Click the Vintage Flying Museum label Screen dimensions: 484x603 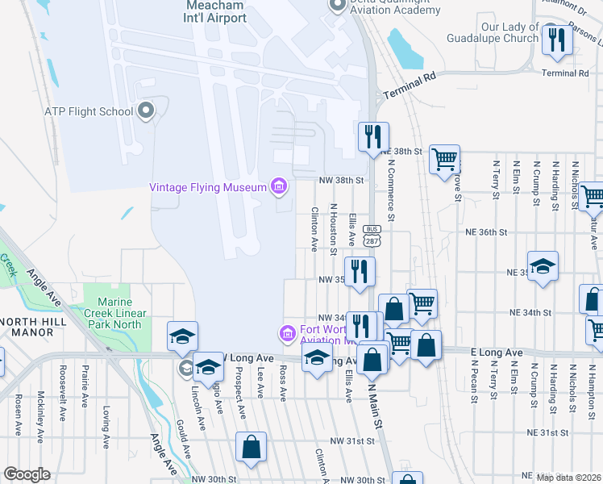tap(208, 188)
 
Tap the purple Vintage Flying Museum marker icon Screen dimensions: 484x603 tap(279, 188)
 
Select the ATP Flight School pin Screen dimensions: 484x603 tap(146, 111)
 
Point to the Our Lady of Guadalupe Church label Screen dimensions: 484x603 tap(509, 33)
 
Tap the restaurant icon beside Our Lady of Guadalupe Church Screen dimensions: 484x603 tap(556, 41)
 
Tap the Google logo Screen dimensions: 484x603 tap(27, 474)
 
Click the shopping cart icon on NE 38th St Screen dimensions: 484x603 tap(444, 160)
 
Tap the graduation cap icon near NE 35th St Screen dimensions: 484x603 tap(543, 266)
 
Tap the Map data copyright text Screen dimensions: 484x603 tap(568, 478)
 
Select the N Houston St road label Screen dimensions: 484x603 tap(333, 227)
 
